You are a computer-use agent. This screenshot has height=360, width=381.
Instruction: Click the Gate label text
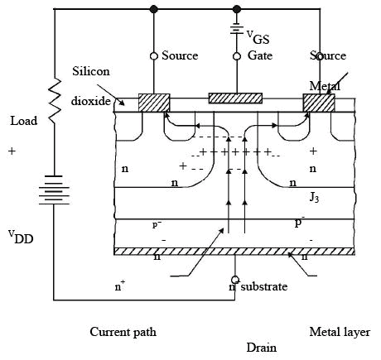[260, 55]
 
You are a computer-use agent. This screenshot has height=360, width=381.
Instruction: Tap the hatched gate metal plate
[235, 98]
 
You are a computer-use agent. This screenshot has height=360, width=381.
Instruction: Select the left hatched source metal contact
[154, 103]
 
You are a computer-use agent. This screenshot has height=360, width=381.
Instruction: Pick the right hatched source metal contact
[319, 103]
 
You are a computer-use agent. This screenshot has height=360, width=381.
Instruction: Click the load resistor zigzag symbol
[55, 100]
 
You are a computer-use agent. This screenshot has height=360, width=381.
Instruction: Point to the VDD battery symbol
[54, 190]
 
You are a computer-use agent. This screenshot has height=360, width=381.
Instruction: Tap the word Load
[24, 121]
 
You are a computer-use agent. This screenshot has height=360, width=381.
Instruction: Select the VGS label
[258, 37]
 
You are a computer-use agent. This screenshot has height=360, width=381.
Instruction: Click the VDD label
[21, 238]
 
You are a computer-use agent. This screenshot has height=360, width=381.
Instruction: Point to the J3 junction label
[314, 198]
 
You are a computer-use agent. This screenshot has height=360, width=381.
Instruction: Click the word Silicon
[91, 71]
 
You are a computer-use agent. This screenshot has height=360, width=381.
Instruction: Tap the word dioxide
[91, 101]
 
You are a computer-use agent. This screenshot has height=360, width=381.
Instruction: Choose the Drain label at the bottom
[261, 348]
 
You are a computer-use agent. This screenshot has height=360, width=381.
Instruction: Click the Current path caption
[123, 332]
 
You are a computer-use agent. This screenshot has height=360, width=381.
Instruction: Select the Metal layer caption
[340, 332]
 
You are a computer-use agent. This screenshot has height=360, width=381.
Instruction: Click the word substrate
[264, 286]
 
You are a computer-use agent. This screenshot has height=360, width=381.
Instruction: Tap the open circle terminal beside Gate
[237, 56]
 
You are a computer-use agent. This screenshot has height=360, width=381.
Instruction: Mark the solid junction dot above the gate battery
[237, 9]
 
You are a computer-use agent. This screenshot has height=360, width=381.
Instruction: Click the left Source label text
[180, 55]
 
